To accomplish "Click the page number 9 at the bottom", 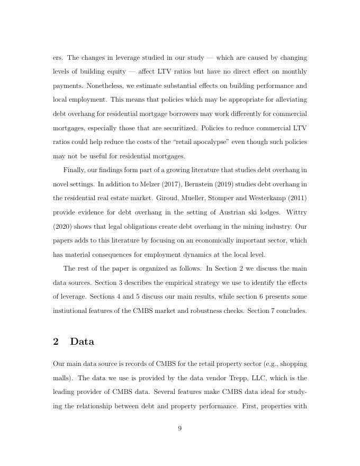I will tap(179, 428).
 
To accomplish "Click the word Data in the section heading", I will tap(82, 342).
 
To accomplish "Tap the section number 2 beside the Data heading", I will tap(56, 342).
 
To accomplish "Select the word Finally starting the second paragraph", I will tap(75, 170).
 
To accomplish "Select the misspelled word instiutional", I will tap(74, 311).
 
